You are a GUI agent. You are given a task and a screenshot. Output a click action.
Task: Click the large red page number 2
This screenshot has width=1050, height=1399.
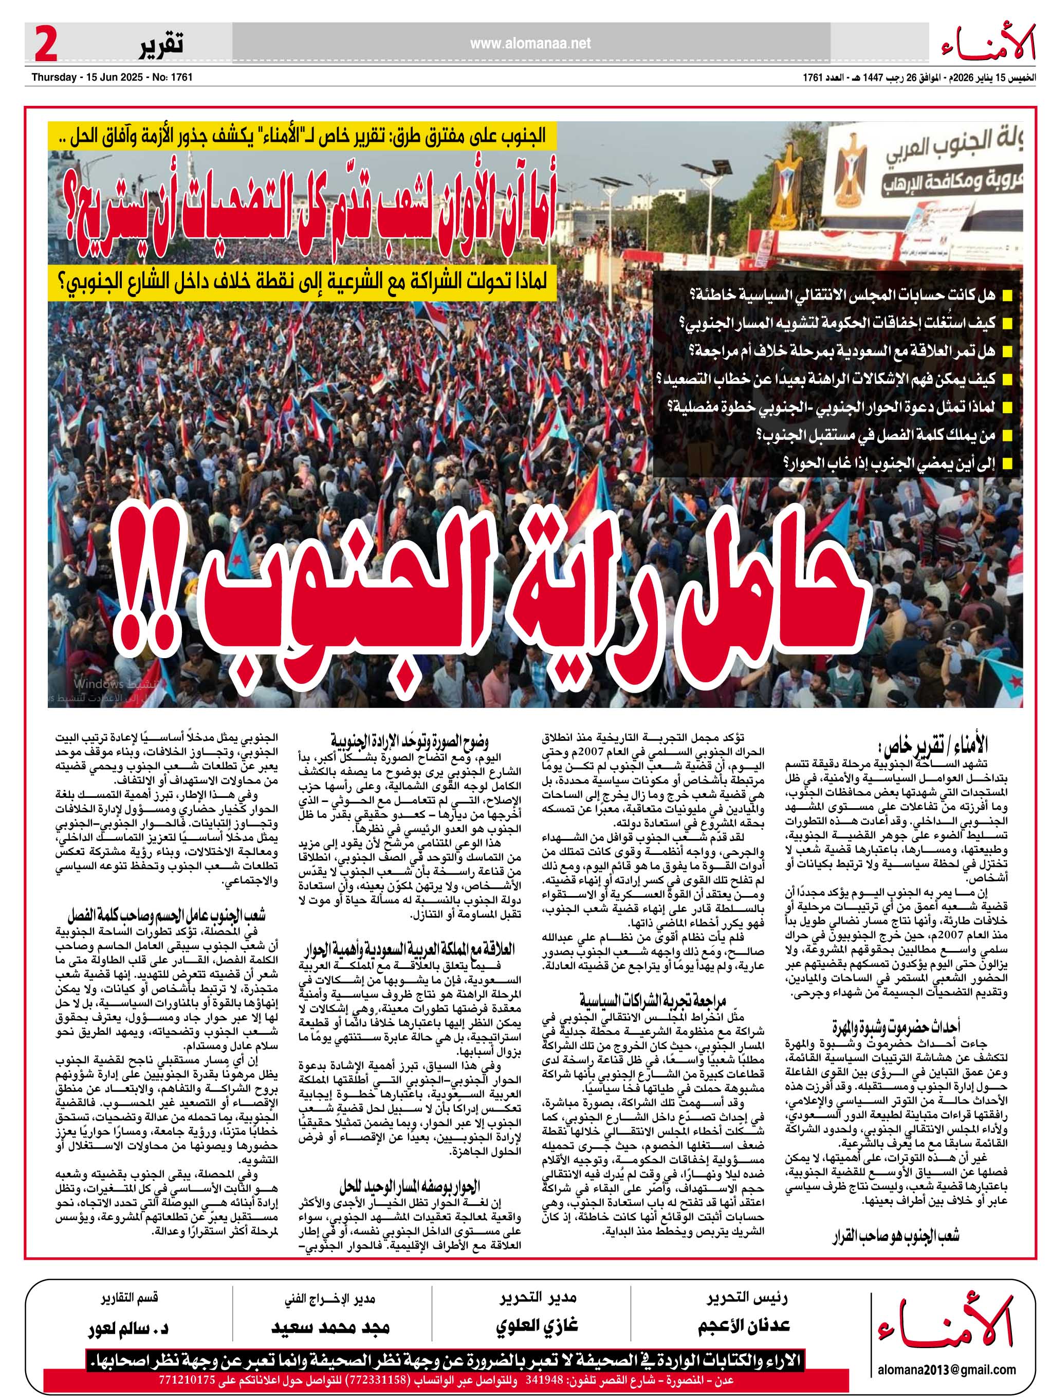tap(46, 44)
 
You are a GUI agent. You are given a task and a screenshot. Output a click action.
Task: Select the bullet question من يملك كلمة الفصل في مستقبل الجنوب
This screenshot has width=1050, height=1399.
tap(875, 435)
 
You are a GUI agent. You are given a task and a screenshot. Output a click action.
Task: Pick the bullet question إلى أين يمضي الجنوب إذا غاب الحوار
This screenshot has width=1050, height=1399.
tap(889, 463)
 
